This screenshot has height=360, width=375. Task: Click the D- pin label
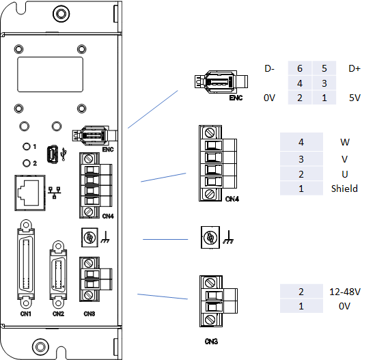pos(270,69)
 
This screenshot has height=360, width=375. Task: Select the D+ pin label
pos(354,69)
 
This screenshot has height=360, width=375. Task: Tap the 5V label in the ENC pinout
pos(354,98)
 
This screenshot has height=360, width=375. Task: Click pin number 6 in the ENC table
pos(299,69)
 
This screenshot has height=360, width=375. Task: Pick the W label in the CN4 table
pos(344,143)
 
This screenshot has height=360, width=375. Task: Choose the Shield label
pos(344,188)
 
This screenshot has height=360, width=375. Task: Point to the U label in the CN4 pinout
pos(344,173)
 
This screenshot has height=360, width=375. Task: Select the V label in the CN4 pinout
pos(344,158)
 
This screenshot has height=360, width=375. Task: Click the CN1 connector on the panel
pos(27,264)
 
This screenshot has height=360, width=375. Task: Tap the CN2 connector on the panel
pos(58,273)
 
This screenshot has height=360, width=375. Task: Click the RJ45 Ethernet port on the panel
pos(29,190)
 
